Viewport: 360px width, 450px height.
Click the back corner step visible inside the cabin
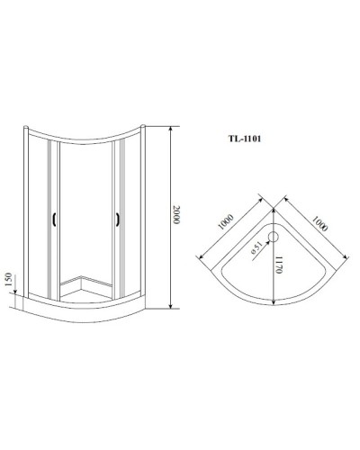(85, 278)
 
